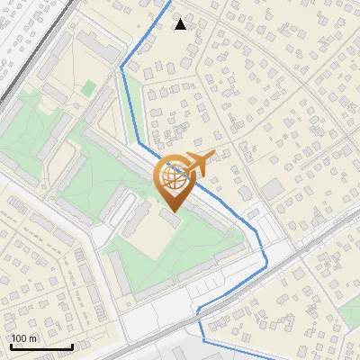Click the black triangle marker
(181, 23)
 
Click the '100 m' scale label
(24, 338)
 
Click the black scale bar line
(40, 346)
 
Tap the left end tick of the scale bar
(10, 345)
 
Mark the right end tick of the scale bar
(72, 345)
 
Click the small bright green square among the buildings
(89, 88)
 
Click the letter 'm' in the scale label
(33, 338)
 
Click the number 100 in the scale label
(19, 338)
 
